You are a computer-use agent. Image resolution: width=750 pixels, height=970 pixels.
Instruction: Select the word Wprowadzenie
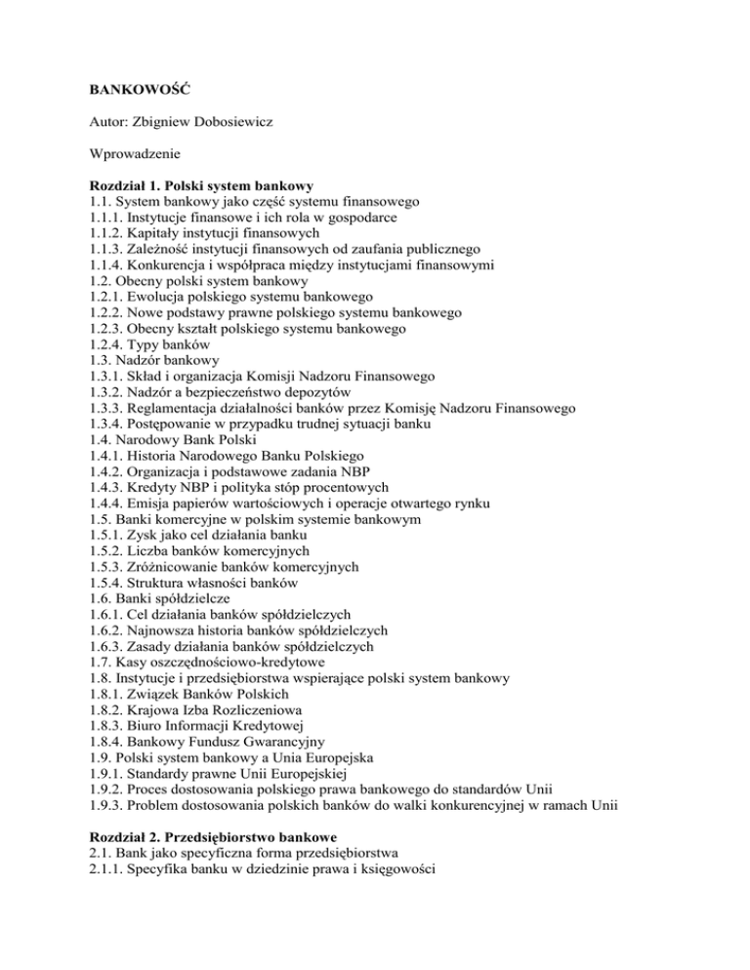130,153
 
